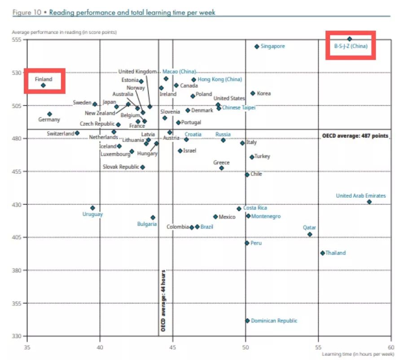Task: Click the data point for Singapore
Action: click(257, 46)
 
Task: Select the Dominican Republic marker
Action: click(247, 321)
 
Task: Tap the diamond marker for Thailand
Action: click(322, 253)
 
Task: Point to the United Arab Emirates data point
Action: click(369, 202)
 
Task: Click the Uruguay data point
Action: click(92, 208)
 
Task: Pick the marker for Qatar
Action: click(310, 235)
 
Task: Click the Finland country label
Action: click(44, 80)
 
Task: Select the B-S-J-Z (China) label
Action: click(351, 46)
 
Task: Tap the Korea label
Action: click(264, 93)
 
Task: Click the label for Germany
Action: click(49, 120)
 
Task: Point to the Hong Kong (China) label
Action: click(220, 80)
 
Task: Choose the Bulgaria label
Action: click(147, 224)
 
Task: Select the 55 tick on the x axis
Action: click(318, 347)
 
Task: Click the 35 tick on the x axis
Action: click(27, 347)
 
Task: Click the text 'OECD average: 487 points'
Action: click(355, 136)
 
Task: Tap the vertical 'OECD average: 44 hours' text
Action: click(163, 301)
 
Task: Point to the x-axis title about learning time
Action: click(357, 355)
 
